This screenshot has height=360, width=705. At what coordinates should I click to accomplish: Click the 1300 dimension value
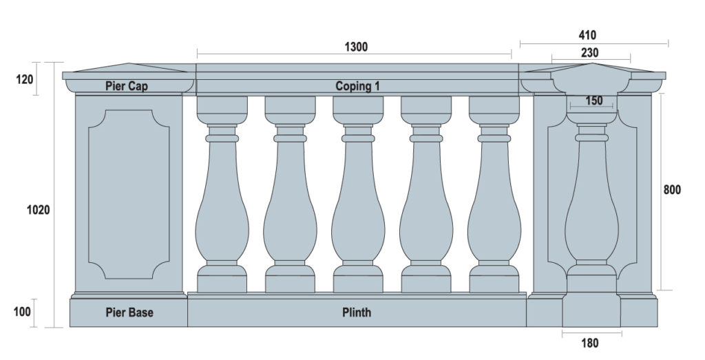pyautogui.click(x=356, y=47)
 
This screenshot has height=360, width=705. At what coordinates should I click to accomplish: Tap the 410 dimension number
pyautogui.click(x=587, y=35)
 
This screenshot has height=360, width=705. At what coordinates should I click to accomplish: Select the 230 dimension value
pyautogui.click(x=589, y=53)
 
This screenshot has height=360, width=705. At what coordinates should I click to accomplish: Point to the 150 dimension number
pyautogui.click(x=594, y=100)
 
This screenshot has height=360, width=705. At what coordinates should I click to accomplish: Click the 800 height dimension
pyautogui.click(x=672, y=190)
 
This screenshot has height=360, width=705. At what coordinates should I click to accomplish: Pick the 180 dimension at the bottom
pyautogui.click(x=590, y=343)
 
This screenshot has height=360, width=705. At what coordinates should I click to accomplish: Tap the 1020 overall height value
pyautogui.click(x=39, y=209)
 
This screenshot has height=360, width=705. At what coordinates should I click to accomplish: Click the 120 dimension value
pyautogui.click(x=25, y=80)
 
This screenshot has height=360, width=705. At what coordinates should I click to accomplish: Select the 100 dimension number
pyautogui.click(x=22, y=311)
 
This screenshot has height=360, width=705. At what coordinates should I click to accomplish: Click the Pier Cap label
pyautogui.click(x=127, y=86)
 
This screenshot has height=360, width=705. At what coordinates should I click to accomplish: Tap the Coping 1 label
pyautogui.click(x=357, y=86)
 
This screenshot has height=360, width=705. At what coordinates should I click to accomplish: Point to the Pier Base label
pyautogui.click(x=129, y=313)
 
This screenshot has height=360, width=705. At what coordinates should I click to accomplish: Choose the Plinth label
pyautogui.click(x=357, y=313)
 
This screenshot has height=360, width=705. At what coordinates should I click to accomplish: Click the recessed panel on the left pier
pyautogui.click(x=129, y=194)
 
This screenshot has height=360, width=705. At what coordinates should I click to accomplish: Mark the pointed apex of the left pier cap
pyautogui.click(x=129, y=63)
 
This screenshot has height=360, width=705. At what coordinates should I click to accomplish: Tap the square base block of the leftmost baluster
pyautogui.click(x=222, y=284)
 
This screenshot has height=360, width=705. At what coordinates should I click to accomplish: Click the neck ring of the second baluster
pyautogui.click(x=290, y=138)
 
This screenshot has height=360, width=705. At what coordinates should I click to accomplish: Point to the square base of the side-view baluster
pyautogui.click(x=591, y=310)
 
